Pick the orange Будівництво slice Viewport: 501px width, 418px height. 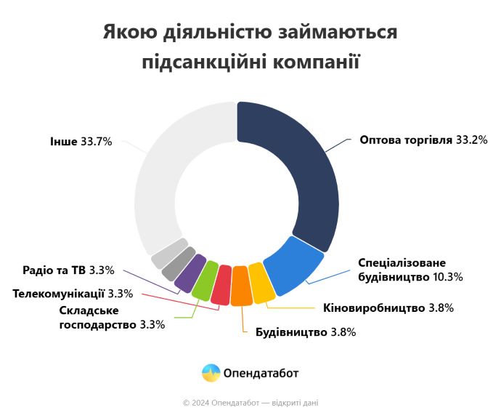[x=241, y=286]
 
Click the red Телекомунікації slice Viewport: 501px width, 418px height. [x=221, y=284]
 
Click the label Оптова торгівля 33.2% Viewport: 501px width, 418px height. [x=423, y=139]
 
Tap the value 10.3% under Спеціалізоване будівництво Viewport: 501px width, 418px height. [x=447, y=276]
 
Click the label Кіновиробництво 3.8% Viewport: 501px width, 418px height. [x=388, y=308]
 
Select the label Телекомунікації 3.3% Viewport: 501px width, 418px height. [x=72, y=294]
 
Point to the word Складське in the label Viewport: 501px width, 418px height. [x=86, y=311]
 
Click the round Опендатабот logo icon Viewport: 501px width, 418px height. [x=211, y=373]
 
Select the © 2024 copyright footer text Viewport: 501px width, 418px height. [x=250, y=402]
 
